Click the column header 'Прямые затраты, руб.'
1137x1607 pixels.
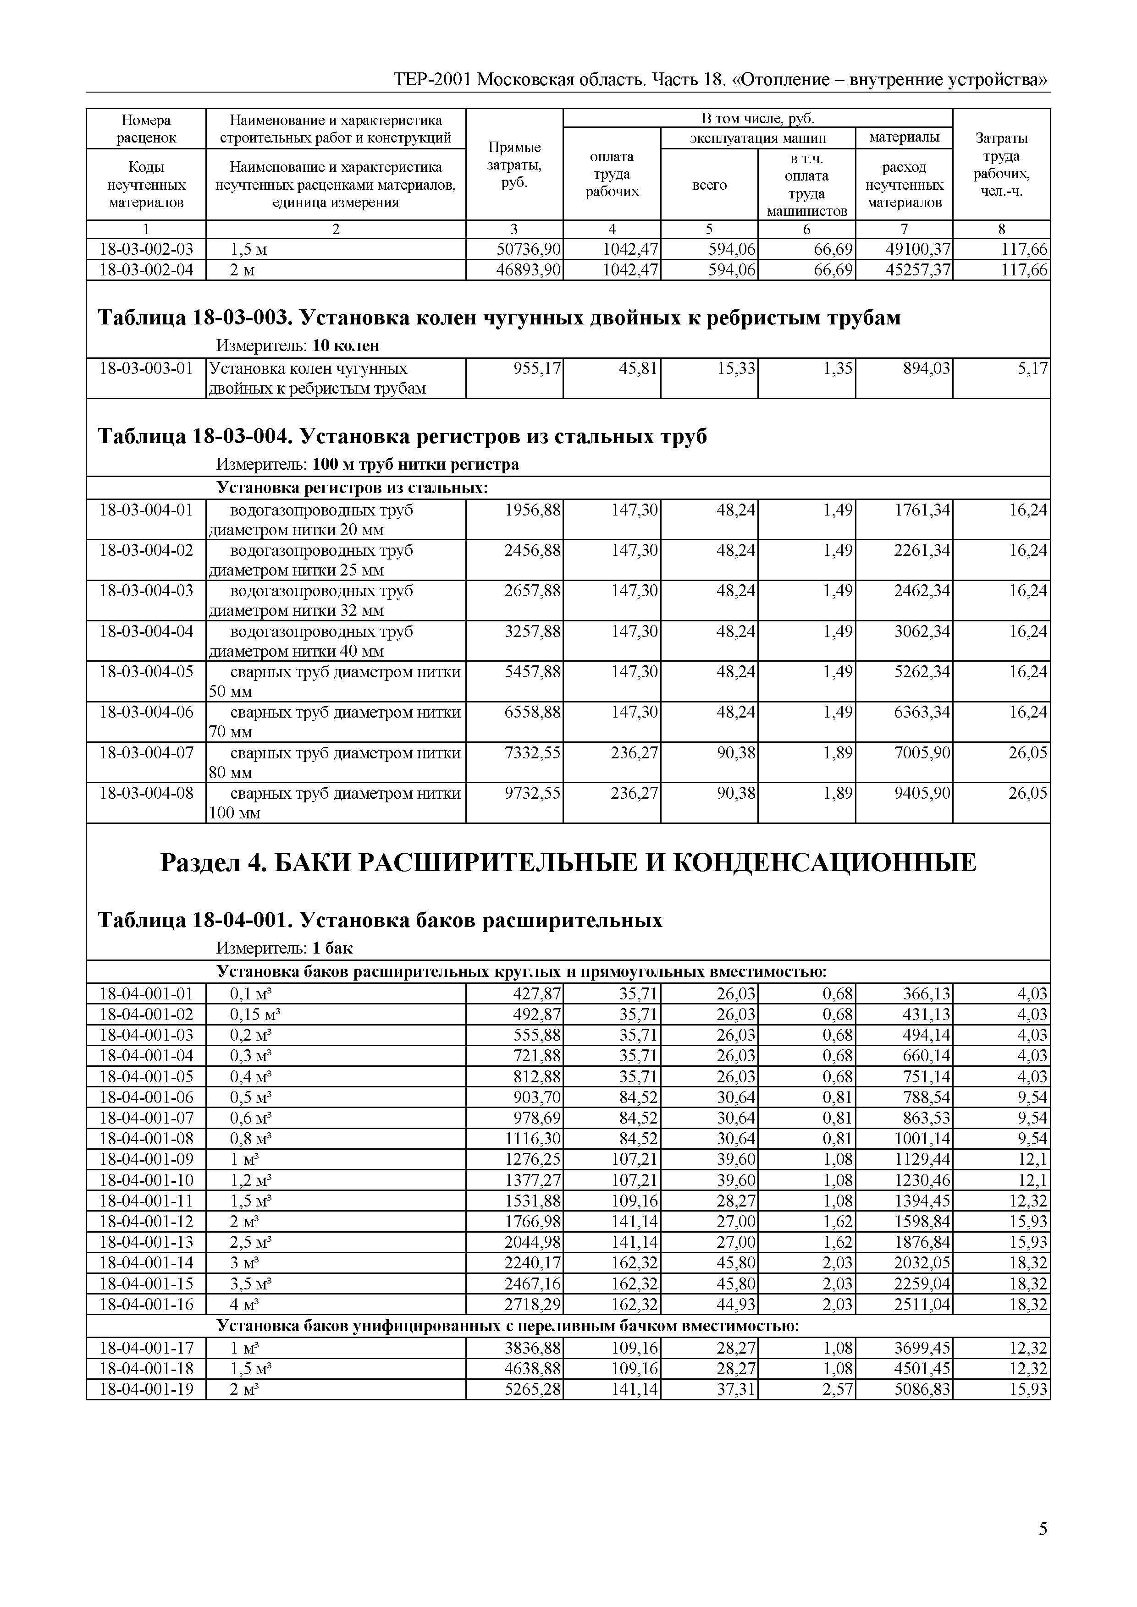tap(514, 165)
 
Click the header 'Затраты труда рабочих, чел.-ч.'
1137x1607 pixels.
tap(1001, 165)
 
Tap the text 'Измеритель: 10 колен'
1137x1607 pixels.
tap(298, 346)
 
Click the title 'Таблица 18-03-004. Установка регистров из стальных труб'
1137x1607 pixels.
tap(403, 437)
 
